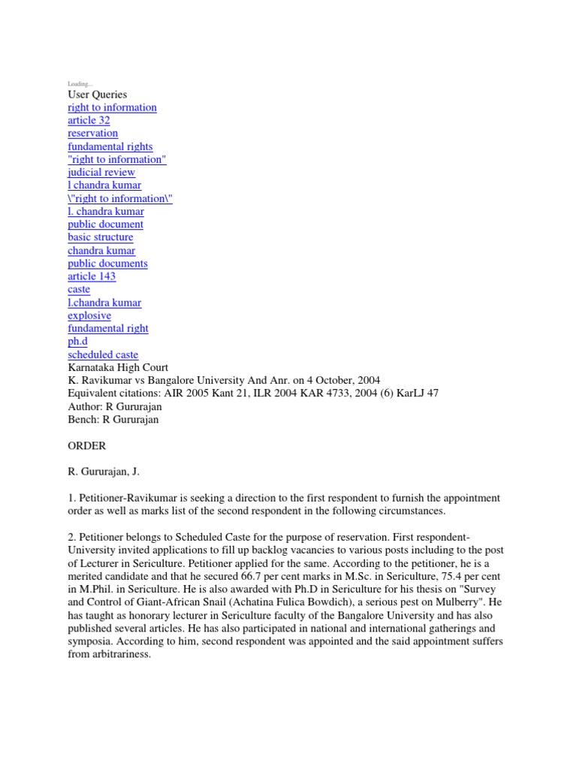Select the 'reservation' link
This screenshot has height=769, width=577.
click(92, 133)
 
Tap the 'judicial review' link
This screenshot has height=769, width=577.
click(101, 172)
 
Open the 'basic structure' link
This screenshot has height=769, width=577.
click(100, 237)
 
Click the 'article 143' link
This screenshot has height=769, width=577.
click(92, 276)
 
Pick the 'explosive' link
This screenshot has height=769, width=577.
click(89, 315)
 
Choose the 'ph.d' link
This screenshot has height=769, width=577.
click(77, 342)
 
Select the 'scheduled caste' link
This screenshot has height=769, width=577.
click(103, 354)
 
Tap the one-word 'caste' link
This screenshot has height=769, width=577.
click(79, 289)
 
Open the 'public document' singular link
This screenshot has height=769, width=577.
click(105, 224)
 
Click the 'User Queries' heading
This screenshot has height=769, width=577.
click(97, 95)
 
